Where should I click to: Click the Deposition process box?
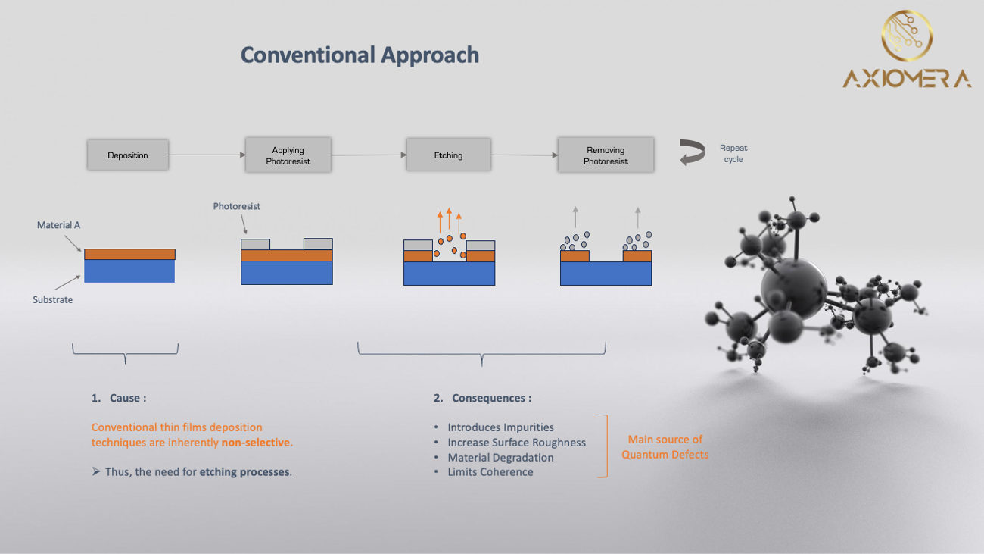coord(127,155)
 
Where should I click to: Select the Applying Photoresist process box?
coord(288,155)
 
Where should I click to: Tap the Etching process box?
coord(448,155)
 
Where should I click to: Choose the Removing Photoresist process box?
coord(606,155)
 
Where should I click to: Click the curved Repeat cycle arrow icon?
coord(690,152)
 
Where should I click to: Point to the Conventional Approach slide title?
coord(360,55)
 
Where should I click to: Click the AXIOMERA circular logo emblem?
coord(907,36)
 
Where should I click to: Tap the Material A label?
coord(58,225)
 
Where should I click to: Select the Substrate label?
coord(53,300)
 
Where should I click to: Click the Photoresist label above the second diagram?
coord(236,206)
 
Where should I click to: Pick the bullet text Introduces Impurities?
coord(500,427)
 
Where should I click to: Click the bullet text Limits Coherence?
coord(490,472)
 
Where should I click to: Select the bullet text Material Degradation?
coord(500,458)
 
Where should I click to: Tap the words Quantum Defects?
coord(665,455)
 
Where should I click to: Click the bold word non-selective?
coord(257,443)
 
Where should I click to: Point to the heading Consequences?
coord(491,398)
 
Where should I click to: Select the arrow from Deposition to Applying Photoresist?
coord(207,155)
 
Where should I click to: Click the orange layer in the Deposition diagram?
coord(129,255)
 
